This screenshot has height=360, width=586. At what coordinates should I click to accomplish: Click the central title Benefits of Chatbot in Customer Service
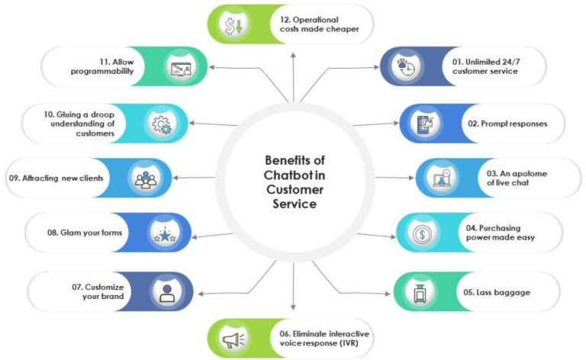292,182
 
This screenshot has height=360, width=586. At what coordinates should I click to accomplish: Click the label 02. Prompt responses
496,124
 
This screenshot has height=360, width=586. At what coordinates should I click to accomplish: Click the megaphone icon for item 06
232,338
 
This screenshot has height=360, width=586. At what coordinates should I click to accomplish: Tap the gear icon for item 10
162,124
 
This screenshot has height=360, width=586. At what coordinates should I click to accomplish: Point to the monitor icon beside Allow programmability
181,67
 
